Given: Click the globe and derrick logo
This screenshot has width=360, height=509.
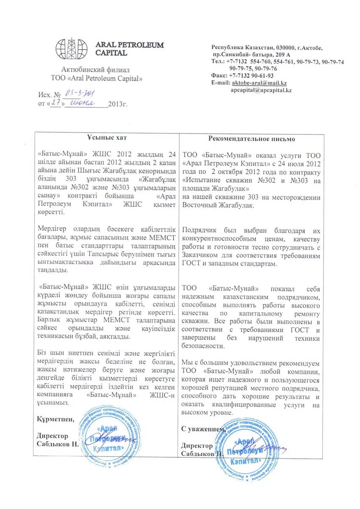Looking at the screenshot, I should click(x=71, y=48).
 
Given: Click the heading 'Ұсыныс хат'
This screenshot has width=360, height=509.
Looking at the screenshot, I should click(x=107, y=138).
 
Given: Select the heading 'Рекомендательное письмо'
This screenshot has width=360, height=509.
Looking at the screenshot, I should click(x=252, y=139).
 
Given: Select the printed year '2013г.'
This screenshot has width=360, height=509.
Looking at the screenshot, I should click(x=118, y=104).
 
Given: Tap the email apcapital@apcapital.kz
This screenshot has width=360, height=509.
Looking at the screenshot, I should click(x=261, y=90).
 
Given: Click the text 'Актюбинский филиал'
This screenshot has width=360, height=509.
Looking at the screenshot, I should click(x=96, y=70).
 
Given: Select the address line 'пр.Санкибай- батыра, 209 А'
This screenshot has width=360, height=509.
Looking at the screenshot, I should click(x=252, y=55).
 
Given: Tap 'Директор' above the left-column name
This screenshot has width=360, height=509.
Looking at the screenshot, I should click(x=52, y=436).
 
